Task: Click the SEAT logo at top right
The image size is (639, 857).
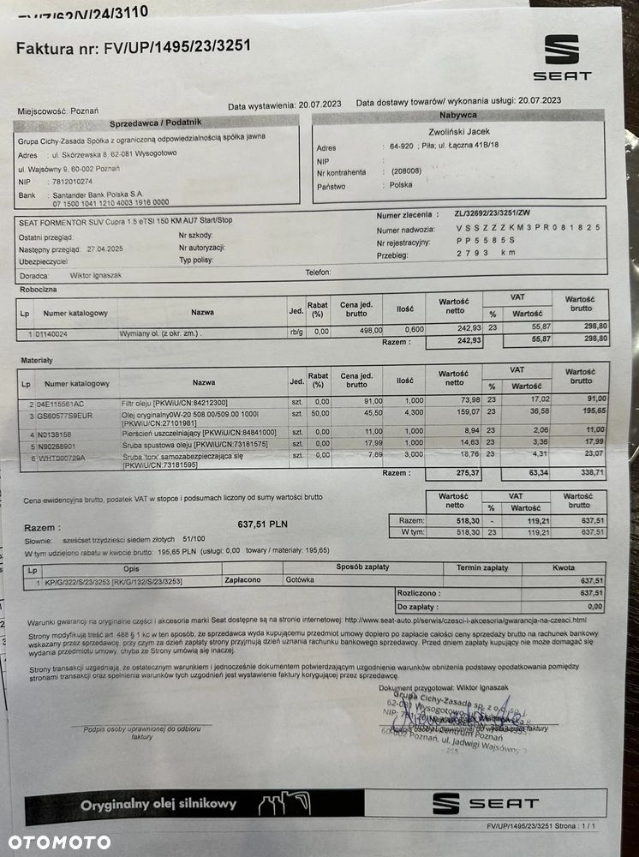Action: click(x=562, y=57)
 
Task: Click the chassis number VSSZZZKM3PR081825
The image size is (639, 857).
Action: click(x=529, y=229)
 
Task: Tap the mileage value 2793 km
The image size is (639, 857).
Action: click(x=485, y=254)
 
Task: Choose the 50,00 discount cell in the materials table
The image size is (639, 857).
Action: click(x=320, y=413)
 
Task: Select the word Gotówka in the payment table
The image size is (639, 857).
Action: click(x=301, y=580)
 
